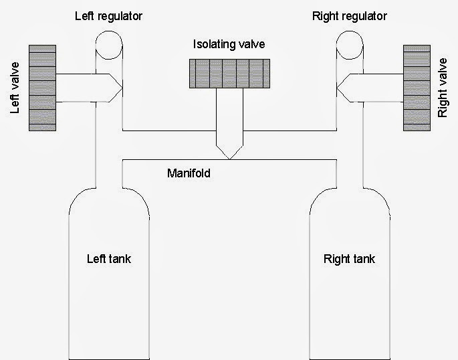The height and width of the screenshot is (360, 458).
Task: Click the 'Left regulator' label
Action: [x=110, y=15]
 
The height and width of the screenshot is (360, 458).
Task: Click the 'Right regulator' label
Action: [x=349, y=15]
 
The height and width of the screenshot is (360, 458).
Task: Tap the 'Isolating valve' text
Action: [x=229, y=45]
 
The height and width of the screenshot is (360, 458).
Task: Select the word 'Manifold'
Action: [x=189, y=173]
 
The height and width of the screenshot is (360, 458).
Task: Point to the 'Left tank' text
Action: [x=109, y=259]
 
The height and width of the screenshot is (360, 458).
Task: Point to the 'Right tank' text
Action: [x=349, y=259]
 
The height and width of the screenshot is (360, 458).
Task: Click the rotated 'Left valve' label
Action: [x=17, y=88]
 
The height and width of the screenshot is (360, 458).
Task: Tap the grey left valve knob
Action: [x=42, y=87]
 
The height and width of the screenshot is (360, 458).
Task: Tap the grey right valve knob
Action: [x=416, y=87]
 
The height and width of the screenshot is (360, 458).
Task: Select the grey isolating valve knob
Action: [x=229, y=74]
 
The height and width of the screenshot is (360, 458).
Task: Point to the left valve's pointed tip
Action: [x=120, y=87]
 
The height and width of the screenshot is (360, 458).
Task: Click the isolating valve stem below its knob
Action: [x=229, y=114]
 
